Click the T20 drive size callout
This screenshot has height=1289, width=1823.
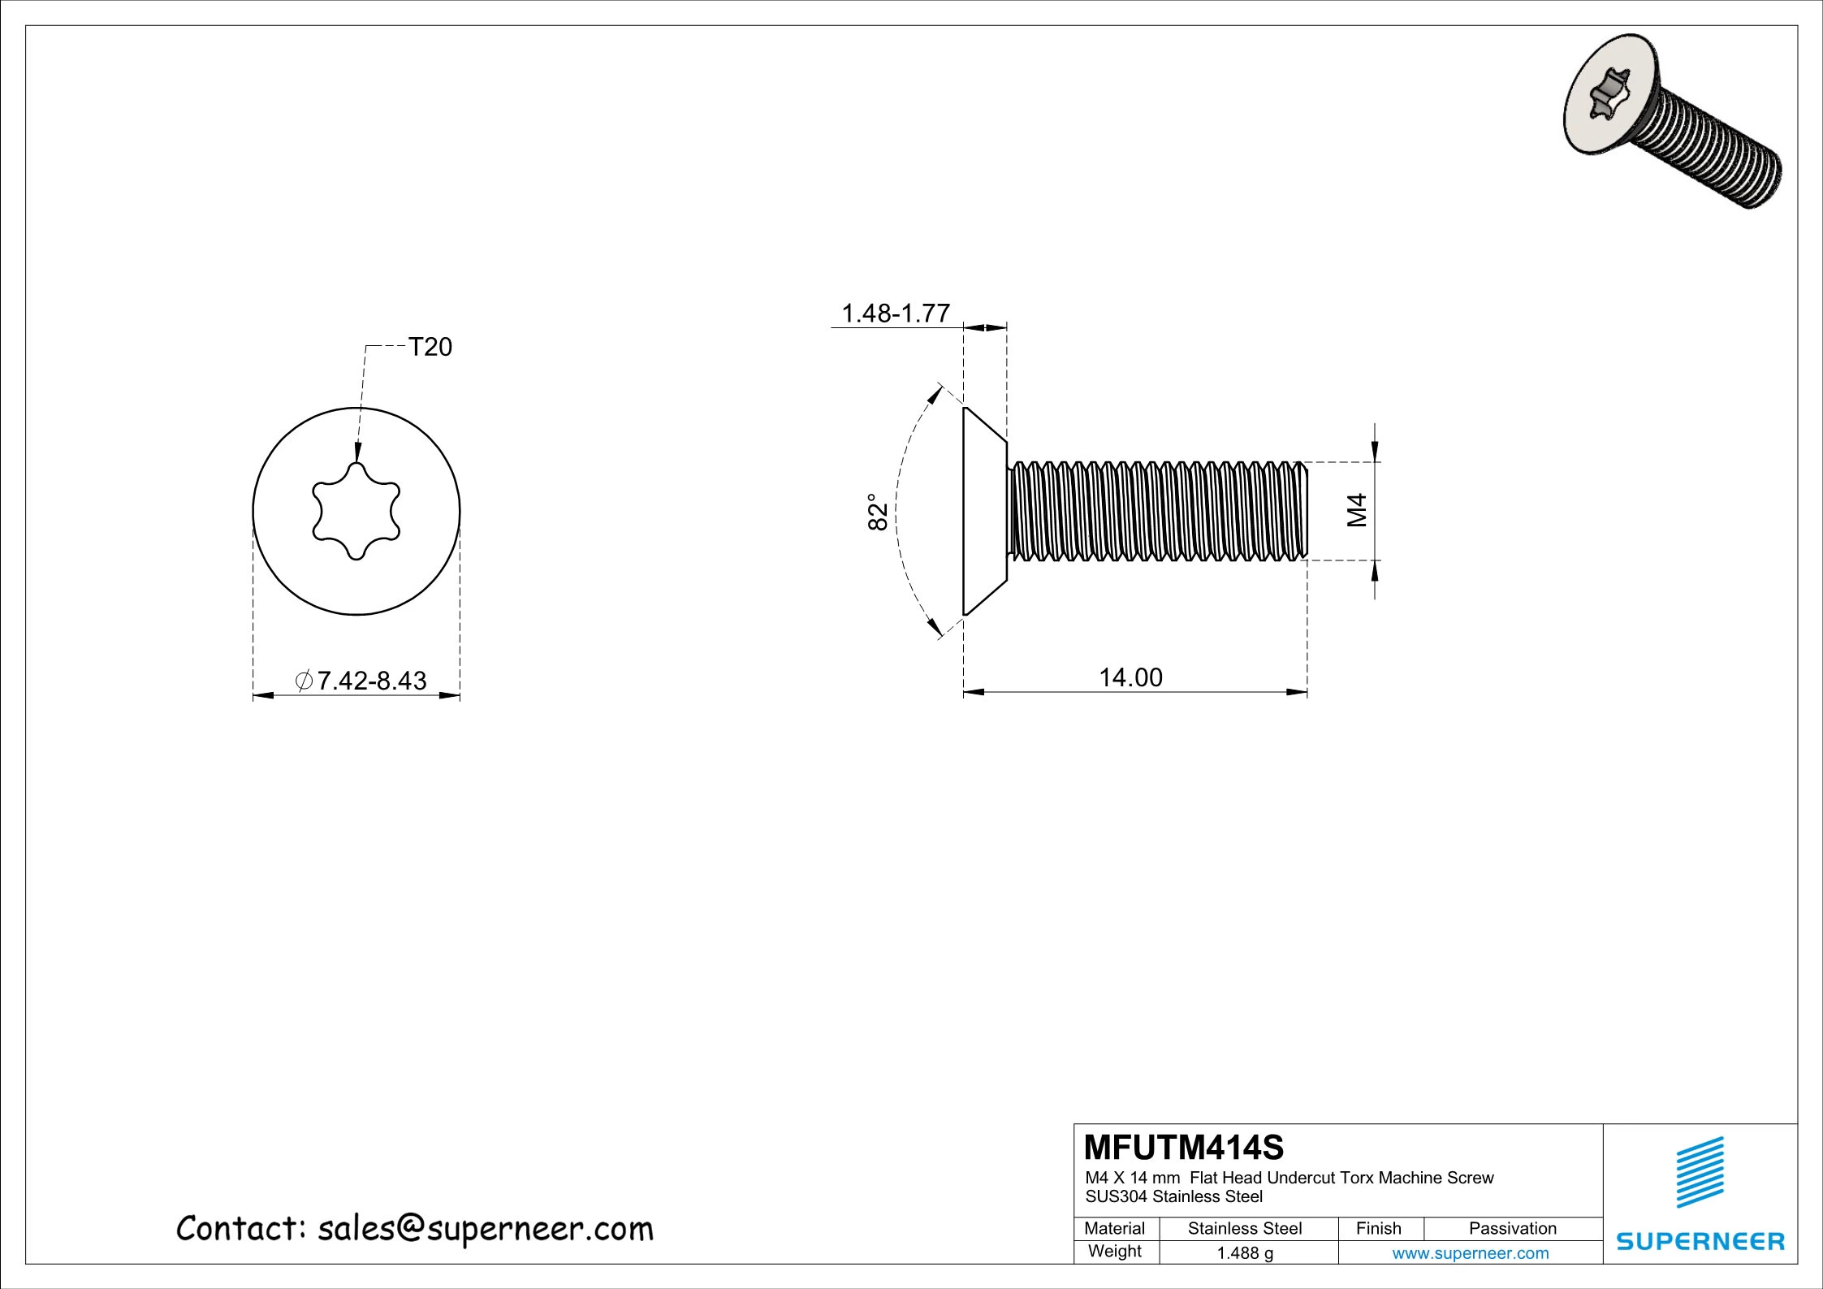pos(429,348)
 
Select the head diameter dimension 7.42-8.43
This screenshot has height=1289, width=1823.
pos(371,681)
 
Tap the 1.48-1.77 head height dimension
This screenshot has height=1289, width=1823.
pos(895,314)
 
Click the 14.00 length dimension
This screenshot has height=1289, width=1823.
pos(1130,677)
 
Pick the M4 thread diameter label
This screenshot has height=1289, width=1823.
pos(1357,510)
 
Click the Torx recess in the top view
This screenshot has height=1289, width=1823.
pos(356,512)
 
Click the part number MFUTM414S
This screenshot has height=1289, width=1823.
pos(1184,1148)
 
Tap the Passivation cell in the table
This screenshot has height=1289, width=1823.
pos(1512,1228)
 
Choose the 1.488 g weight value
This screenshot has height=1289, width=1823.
pos(1245,1253)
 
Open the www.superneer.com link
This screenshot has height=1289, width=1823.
pos(1470,1253)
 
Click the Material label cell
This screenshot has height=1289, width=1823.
pos(1114,1228)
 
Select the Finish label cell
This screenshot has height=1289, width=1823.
pos(1378,1228)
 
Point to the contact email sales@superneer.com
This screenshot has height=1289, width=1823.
pos(485,1229)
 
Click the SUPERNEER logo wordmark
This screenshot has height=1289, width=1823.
pos(1700,1240)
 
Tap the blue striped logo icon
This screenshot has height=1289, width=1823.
pos(1700,1172)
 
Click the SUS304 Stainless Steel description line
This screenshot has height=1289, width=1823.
pos(1173,1196)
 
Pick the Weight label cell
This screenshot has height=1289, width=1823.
pos(1114,1252)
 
